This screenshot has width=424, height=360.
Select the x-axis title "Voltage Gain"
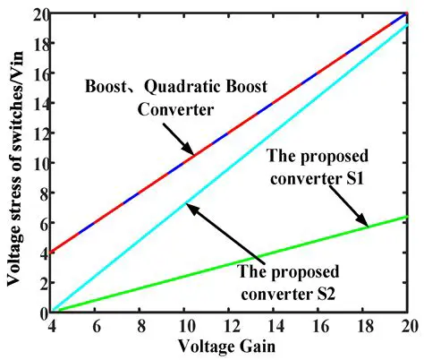(231, 347)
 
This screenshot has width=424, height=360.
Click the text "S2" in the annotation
(311, 288)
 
